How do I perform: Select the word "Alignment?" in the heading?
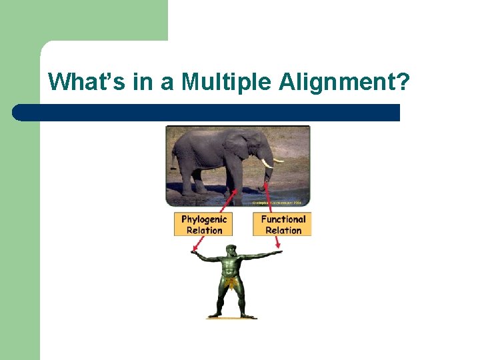344,82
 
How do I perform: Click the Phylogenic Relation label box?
204,224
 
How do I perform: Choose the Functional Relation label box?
282,224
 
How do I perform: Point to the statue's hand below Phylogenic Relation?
194,253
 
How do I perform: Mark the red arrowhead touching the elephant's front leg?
233,191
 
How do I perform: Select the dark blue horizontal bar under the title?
207,112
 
